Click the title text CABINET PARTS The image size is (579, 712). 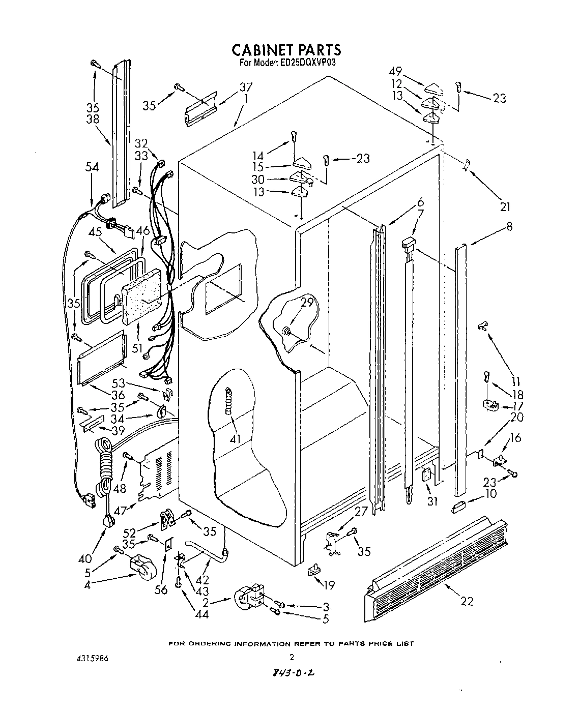pyautogui.click(x=286, y=49)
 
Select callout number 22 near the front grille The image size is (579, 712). pyautogui.click(x=467, y=601)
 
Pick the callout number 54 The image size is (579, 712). pyautogui.click(x=92, y=167)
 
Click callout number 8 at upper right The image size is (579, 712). pyautogui.click(x=508, y=226)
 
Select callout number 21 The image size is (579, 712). pyautogui.click(x=504, y=207)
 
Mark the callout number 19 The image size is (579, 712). pyautogui.click(x=329, y=585)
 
